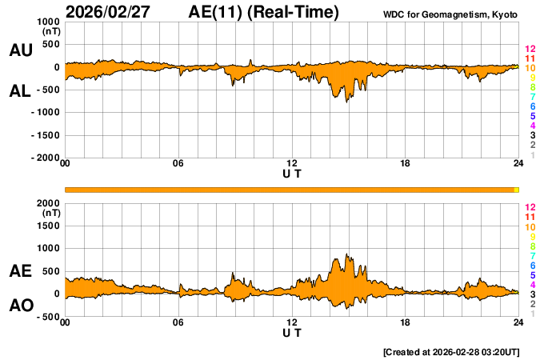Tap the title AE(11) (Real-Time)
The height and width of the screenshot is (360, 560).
point(264,12)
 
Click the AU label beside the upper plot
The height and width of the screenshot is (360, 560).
point(20,50)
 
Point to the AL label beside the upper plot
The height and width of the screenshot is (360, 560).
point(20,91)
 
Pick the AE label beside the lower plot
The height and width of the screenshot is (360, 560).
point(20,271)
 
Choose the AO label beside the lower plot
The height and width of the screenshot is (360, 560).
point(20,306)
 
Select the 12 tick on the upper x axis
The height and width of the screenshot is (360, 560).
point(292,164)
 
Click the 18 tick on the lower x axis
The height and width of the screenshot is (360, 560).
point(406,322)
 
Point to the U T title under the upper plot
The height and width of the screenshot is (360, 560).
point(292,174)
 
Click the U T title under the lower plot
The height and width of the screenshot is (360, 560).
point(292,333)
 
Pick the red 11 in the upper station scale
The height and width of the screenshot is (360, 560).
point(529,58)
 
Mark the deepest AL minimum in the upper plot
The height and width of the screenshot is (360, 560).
point(347,102)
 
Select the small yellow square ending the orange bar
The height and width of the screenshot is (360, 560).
point(517,190)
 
